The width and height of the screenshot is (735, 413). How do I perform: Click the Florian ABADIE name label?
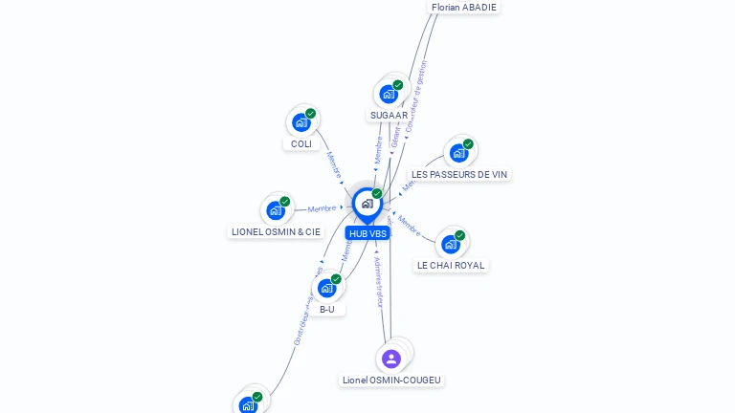[464, 7]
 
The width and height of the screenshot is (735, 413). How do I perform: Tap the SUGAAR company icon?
[389, 94]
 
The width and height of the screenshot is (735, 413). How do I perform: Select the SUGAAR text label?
[389, 115]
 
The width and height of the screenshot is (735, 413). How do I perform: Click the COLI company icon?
[301, 122]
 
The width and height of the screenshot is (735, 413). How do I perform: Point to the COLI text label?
[301, 143]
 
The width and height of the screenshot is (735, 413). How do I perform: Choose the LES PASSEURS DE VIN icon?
[459, 153]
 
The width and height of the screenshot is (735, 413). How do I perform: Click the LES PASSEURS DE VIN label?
[459, 174]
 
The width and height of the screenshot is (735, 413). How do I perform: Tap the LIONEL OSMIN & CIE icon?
[276, 210]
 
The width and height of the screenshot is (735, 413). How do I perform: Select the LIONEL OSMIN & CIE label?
[276, 231]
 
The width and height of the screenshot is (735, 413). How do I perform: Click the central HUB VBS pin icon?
[367, 204]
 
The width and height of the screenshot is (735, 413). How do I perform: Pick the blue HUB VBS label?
[367, 233]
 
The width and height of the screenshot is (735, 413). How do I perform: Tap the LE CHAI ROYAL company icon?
[451, 244]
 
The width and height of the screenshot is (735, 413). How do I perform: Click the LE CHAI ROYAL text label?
[452, 265]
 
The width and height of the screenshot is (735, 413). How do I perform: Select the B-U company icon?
[327, 288]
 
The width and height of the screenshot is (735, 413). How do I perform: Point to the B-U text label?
[327, 309]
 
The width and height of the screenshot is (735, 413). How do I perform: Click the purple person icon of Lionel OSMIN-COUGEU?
[390, 359]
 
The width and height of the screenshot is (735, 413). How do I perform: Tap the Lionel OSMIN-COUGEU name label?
[391, 380]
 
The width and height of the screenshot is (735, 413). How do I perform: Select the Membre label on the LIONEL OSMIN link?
[322, 208]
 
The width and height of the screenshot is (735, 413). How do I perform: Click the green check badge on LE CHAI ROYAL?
[460, 235]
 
